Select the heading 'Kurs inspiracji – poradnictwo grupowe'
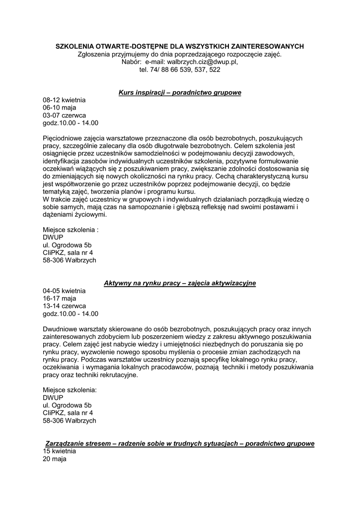pos(180,93)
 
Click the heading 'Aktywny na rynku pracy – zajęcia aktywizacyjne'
pos(180,283)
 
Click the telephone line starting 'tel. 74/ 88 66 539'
pos(180,70)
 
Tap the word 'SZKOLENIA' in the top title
pos(72,47)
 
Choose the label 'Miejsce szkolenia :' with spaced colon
pos(71,230)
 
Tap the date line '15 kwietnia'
pos(59,451)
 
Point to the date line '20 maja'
pos(54,459)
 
